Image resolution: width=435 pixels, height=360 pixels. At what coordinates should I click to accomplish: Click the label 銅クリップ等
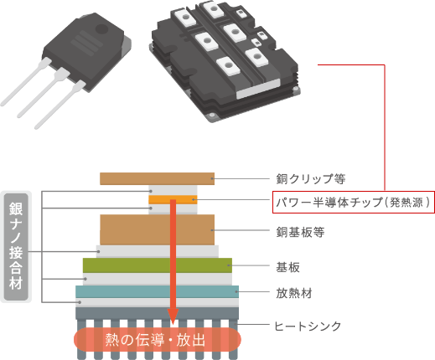[311, 179]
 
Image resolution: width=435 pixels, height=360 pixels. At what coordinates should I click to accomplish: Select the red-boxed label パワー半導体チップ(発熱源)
[354, 202]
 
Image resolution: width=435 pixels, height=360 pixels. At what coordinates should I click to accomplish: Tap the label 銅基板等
[300, 232]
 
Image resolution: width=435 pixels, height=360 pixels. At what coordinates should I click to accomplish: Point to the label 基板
[287, 267]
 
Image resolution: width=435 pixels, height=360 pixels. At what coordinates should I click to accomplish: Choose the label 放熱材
[294, 293]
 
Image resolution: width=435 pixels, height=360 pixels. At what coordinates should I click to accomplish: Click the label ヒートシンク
[308, 326]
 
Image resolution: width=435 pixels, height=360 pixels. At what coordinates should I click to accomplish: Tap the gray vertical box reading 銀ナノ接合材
[16, 247]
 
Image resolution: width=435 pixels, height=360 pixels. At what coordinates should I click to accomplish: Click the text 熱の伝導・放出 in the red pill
[155, 340]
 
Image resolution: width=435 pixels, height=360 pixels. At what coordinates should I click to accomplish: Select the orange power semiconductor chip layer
[173, 199]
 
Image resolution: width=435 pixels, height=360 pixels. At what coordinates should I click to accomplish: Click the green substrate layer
[158, 265]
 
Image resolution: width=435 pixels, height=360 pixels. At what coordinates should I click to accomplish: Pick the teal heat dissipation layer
[157, 291]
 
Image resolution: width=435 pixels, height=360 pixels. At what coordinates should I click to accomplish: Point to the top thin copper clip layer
[157, 178]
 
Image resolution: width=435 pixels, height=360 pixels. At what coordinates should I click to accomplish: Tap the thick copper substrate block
[157, 229]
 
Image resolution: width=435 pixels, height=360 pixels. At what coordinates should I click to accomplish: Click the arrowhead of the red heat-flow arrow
[173, 316]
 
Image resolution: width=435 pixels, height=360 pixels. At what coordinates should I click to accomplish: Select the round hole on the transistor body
[101, 29]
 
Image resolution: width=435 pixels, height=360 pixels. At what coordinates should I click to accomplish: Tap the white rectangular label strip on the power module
[258, 89]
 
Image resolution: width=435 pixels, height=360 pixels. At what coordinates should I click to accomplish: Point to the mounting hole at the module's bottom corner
[212, 115]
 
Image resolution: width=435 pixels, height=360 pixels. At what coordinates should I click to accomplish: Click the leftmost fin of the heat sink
[81, 339]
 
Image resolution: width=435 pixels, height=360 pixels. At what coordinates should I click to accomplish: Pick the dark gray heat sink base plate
[157, 313]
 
